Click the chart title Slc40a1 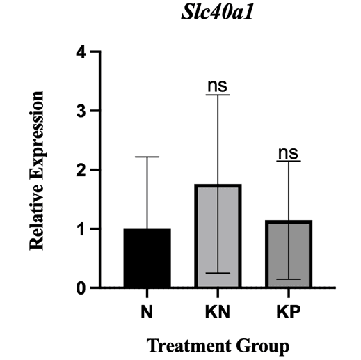[217, 16]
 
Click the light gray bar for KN [218, 236]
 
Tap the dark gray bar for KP [288, 254]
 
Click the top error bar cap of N [147, 157]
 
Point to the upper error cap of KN [218, 95]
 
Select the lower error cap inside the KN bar [218, 273]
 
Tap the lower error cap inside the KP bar [288, 279]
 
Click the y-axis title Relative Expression [37, 170]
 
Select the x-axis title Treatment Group [218, 345]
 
